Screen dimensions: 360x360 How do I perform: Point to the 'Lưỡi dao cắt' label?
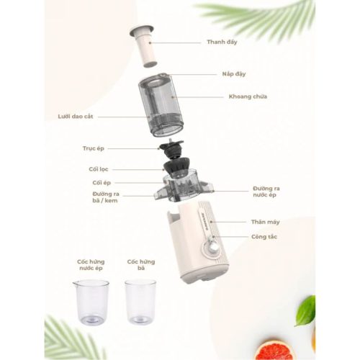point(76,116)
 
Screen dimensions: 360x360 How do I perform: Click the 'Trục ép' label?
point(94,148)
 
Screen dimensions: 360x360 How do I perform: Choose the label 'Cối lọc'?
point(100,169)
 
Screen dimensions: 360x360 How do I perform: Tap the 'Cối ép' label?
point(101,183)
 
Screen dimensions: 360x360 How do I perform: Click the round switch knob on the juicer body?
point(214,249)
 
